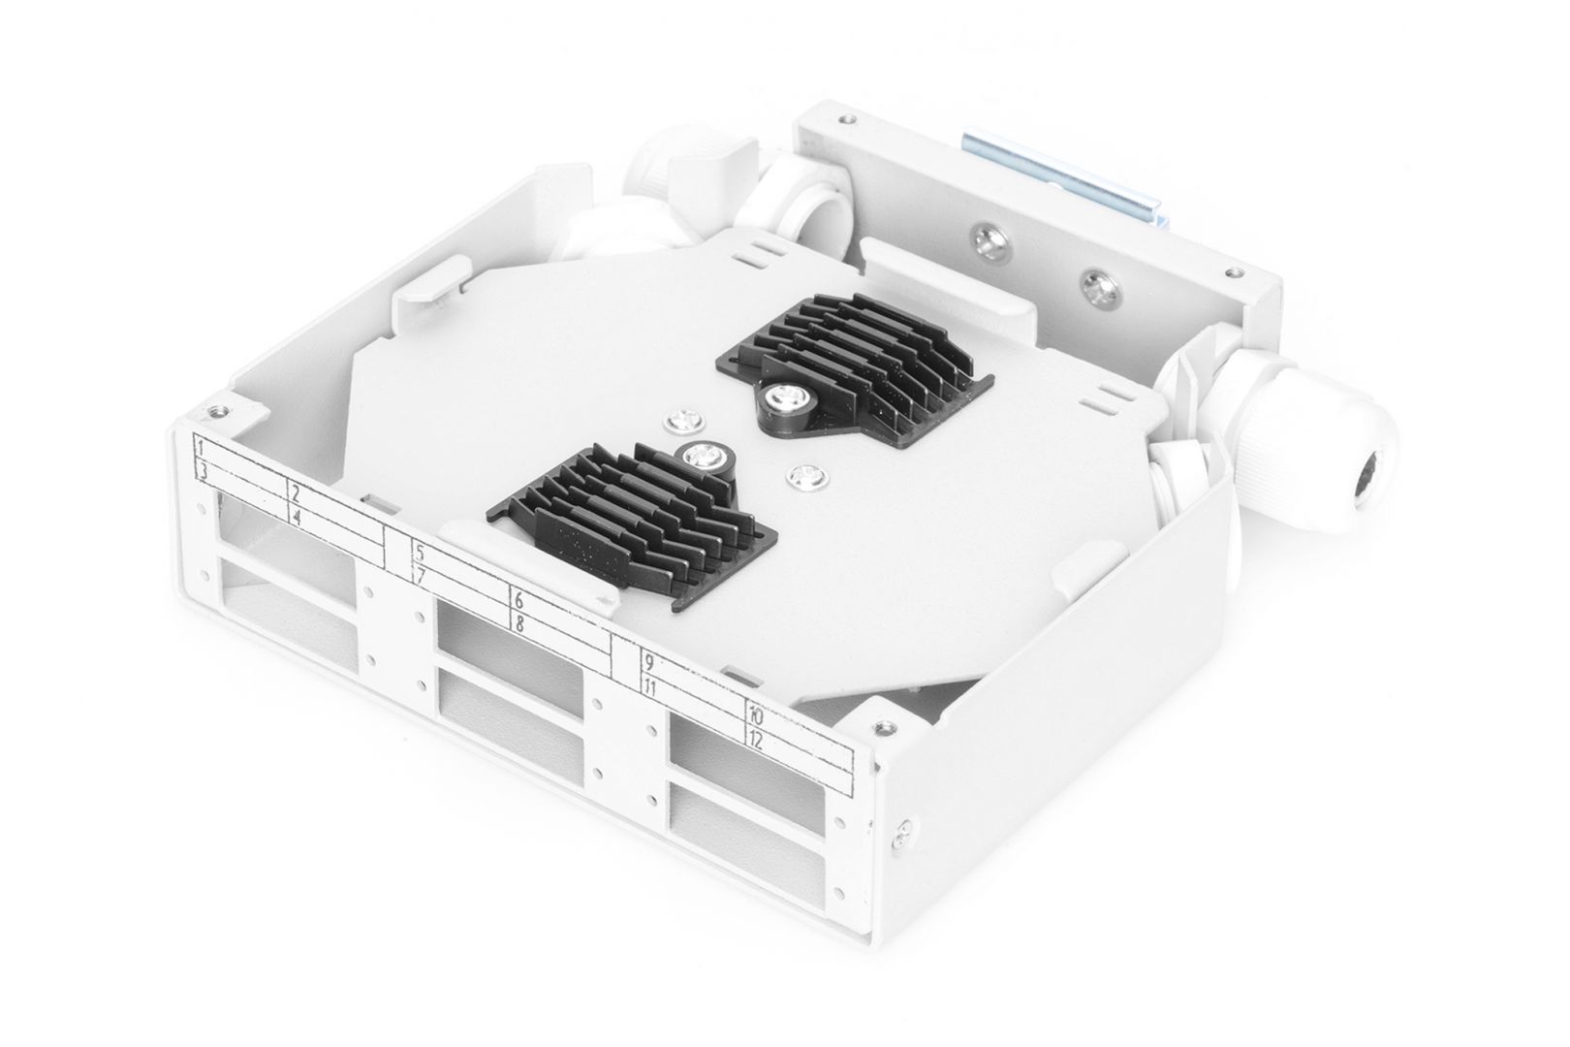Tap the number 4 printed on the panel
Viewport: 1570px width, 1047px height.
tap(298, 517)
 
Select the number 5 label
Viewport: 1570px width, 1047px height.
tap(419, 555)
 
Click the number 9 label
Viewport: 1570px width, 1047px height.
tap(648, 664)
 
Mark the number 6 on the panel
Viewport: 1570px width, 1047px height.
tap(519, 601)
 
